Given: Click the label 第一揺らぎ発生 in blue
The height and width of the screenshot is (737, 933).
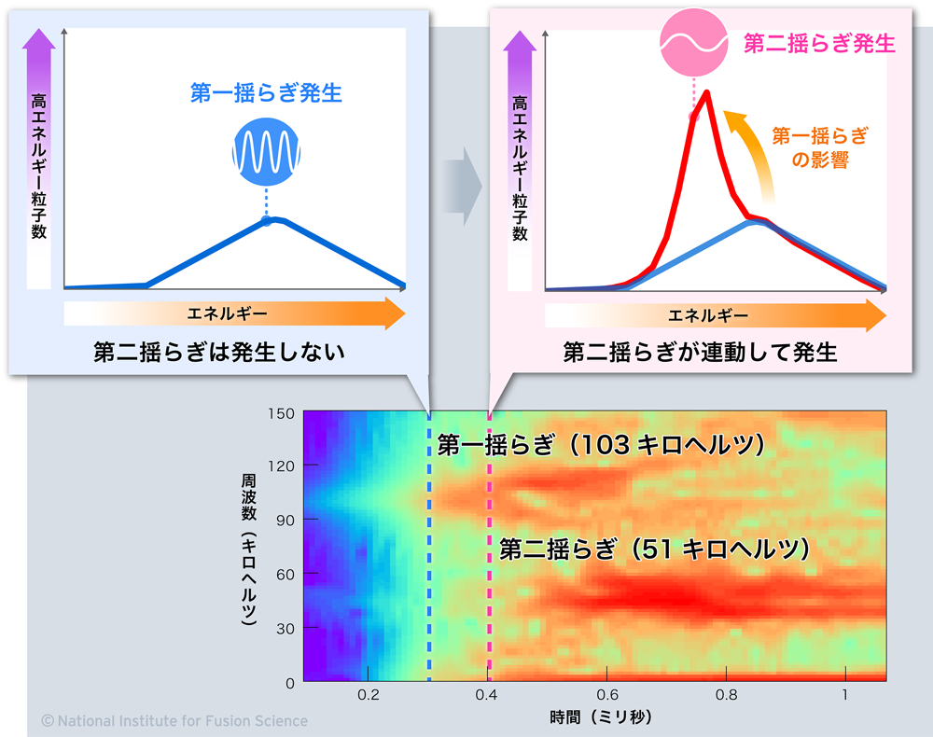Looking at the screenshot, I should pyautogui.click(x=266, y=92).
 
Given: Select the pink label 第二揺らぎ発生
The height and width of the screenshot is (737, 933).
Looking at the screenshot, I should pyautogui.click(x=819, y=43).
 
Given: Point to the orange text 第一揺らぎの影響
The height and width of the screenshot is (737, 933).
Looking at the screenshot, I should pyautogui.click(x=820, y=147).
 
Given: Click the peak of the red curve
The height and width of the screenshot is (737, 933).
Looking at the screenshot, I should pyautogui.click(x=708, y=92).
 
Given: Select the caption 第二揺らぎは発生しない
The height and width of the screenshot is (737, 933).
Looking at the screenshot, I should pyautogui.click(x=219, y=352).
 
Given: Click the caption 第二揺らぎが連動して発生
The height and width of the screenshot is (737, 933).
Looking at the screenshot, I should pyautogui.click(x=700, y=352).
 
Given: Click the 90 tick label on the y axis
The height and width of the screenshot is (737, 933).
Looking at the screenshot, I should pyautogui.click(x=285, y=521).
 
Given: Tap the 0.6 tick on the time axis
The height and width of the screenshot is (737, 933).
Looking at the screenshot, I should pyautogui.click(x=606, y=696).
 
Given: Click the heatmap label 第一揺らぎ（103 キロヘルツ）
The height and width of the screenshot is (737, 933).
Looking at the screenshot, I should pyautogui.click(x=601, y=445).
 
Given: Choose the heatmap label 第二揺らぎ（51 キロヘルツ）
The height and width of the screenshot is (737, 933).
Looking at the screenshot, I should pyautogui.click(x=653, y=549).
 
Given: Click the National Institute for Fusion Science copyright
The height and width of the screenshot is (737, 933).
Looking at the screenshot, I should pyautogui.click(x=174, y=720).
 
